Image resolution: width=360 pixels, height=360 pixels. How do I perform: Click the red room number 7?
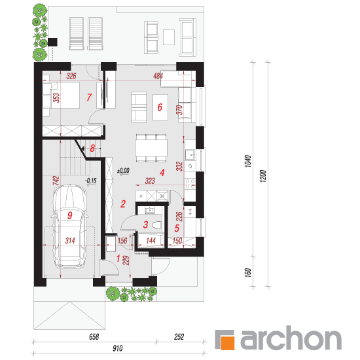pos(89,98)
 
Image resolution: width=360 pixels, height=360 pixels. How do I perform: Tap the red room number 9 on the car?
pos(70,215)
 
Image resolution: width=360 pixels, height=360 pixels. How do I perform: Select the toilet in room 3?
pos(157,225)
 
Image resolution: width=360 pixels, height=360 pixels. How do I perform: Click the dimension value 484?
pos(158,76)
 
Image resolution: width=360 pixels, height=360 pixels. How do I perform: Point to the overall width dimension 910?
pos(118,348)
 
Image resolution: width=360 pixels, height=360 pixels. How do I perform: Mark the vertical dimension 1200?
pos(263,176)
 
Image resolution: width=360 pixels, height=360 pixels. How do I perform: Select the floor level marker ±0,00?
pos(123,171)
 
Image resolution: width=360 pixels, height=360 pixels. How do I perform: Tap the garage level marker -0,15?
pos(91,181)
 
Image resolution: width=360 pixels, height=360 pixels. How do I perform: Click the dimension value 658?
pos(94,337)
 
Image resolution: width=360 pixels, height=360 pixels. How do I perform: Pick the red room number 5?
pos(177,228)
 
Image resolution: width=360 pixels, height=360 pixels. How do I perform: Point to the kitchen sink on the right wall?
pos(190,154)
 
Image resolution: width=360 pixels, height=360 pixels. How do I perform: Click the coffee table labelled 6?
pos(160,107)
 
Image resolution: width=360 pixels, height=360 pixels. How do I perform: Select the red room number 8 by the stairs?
pos(92,149)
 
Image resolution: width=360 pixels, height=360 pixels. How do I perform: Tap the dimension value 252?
pos(179,337)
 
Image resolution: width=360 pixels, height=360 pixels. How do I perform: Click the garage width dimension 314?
pos(70,241)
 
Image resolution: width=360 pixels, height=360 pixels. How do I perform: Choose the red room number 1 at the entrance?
pos(118,259)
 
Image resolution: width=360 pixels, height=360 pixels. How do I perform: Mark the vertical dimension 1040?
pos(248,161)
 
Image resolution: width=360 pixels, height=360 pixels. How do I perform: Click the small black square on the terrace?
pos(52,43)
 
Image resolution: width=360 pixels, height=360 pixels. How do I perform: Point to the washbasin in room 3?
pos(150,210)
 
